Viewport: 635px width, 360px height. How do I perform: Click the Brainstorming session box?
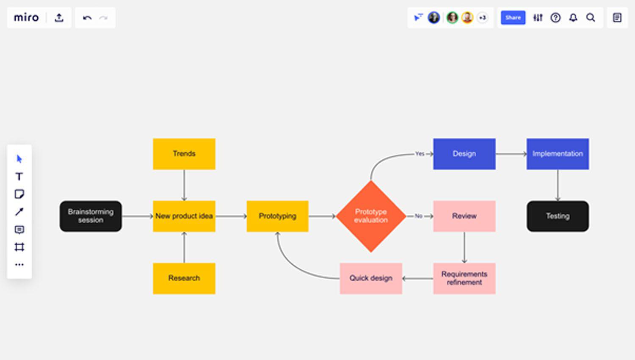91,216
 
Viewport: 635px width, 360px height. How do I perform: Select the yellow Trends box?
184,154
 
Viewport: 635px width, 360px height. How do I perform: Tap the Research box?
184,278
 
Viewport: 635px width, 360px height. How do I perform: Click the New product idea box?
184,216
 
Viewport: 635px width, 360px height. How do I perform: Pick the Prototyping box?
278,216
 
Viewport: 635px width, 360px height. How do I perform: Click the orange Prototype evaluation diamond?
371,216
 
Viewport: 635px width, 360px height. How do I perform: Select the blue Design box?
464,154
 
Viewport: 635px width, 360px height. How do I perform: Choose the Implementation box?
558,154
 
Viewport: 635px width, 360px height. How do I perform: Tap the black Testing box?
558,216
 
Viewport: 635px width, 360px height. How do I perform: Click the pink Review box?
464,216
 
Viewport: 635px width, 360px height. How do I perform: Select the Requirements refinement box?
464,278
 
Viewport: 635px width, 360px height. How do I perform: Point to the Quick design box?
371,278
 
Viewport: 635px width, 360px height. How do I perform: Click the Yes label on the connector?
420,154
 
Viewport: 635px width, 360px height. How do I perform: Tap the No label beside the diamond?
419,216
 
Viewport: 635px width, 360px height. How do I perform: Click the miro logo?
26,17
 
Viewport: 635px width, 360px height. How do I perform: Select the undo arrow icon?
87,18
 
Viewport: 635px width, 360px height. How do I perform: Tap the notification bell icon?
573,17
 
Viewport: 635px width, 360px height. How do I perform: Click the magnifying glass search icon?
591,17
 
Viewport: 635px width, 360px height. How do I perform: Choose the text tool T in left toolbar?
19,177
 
